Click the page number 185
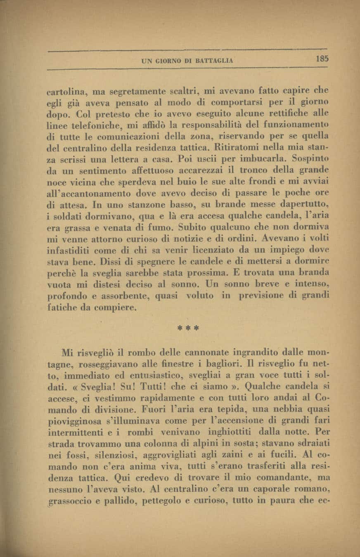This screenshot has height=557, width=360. coord(322,59)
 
